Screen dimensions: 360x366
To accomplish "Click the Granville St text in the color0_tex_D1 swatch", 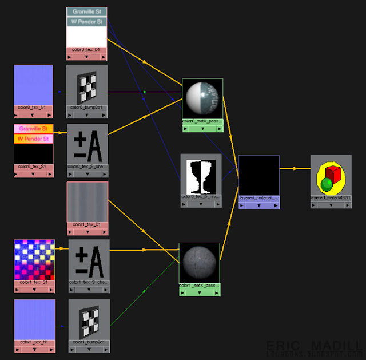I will click(x=87, y=11).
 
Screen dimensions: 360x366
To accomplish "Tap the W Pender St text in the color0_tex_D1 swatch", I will click(x=87, y=22).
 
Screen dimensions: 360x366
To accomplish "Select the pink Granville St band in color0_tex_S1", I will click(x=33, y=129).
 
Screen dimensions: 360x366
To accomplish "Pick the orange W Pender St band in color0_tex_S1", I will click(x=33, y=139).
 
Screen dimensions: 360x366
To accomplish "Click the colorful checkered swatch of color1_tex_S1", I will click(x=34, y=259).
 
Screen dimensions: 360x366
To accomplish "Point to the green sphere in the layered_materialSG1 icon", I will click(x=327, y=184).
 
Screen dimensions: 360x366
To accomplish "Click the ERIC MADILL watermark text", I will click(x=314, y=346).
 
